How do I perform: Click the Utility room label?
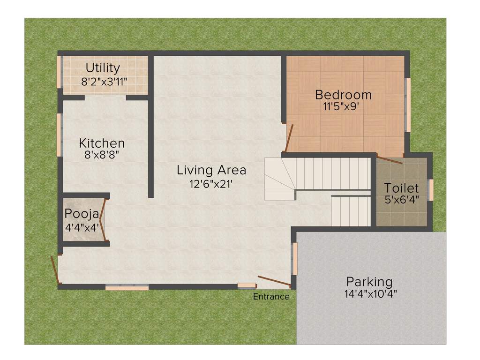(x=103, y=68)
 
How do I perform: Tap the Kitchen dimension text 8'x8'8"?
(x=102, y=155)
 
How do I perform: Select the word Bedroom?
(x=343, y=95)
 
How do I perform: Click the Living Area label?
(x=211, y=170)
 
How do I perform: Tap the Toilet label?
(x=401, y=188)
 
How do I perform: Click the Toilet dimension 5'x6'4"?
(x=401, y=199)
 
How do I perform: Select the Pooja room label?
(x=82, y=214)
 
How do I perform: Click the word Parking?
(x=369, y=282)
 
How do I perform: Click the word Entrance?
(x=271, y=297)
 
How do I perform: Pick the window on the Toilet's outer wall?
(x=431, y=190)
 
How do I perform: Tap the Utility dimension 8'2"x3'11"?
(x=104, y=81)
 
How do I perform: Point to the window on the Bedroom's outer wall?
(x=408, y=105)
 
